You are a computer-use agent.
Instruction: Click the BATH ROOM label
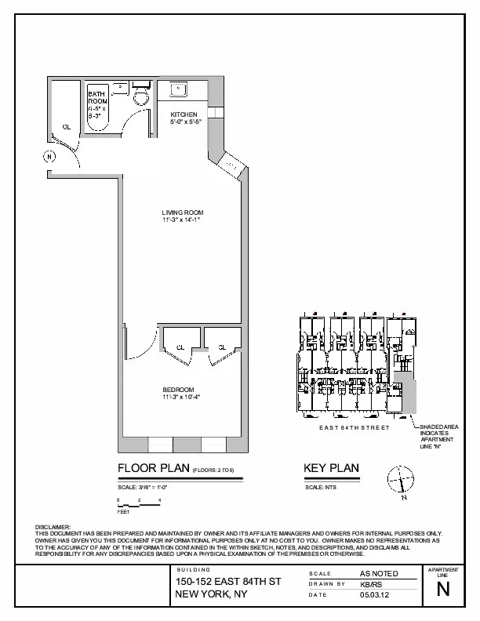coord(96,98)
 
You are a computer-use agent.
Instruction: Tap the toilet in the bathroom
coord(141,96)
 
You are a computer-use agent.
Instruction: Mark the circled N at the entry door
coord(50,156)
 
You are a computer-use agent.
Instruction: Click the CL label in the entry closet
coord(67,127)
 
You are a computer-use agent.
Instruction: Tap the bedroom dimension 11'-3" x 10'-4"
coord(182,397)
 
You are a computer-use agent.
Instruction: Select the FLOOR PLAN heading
coord(154,469)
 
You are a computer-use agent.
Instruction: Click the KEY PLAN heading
coord(331,469)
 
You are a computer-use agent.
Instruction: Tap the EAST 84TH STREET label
coord(354,428)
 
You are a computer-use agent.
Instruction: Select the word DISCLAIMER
coord(53,527)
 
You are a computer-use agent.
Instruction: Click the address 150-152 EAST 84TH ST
coord(227,581)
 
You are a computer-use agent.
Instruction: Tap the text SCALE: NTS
coord(318,487)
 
